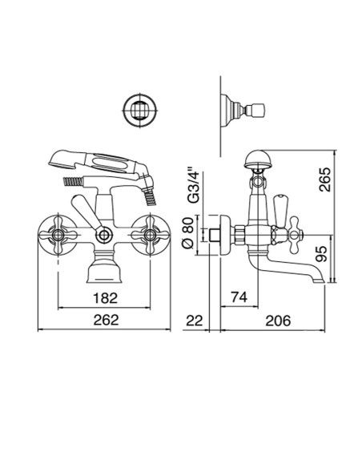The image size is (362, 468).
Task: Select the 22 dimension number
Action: pyautogui.click(x=195, y=320)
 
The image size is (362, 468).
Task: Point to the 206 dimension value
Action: pyautogui.click(x=277, y=320)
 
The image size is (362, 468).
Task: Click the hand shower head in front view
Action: pyautogui.click(x=95, y=159)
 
